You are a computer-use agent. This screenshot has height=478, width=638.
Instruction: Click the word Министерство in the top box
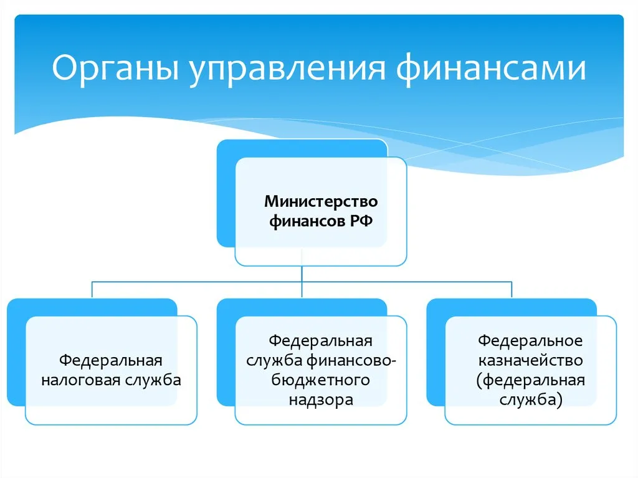[x=321, y=202]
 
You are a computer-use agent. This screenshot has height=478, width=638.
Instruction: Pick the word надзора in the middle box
[x=321, y=399]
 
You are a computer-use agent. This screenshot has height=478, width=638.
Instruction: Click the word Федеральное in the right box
[x=530, y=341]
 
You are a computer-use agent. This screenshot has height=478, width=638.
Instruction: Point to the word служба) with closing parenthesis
[x=530, y=399]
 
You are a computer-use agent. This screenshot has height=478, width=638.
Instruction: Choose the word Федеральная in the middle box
[x=321, y=341]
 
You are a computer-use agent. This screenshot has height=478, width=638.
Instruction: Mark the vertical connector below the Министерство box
[x=302, y=274]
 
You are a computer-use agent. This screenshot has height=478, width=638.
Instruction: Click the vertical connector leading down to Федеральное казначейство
[x=512, y=290]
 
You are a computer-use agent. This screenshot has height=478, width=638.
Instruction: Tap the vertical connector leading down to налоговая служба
[x=93, y=290]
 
